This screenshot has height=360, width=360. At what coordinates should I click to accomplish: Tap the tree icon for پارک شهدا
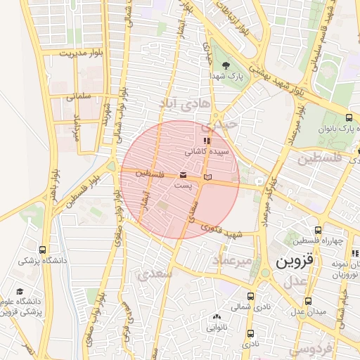226,65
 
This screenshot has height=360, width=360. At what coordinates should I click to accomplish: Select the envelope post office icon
183,174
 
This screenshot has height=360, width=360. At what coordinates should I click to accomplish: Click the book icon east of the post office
207,176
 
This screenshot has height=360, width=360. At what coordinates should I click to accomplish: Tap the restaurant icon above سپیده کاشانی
206,141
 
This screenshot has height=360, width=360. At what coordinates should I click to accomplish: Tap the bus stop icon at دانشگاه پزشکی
43,250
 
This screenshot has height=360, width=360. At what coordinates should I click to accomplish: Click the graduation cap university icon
20,292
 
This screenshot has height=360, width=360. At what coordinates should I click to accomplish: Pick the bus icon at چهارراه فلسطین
318,230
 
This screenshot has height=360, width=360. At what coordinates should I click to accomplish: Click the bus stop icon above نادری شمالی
252,296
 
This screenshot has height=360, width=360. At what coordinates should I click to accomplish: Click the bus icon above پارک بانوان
349,118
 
